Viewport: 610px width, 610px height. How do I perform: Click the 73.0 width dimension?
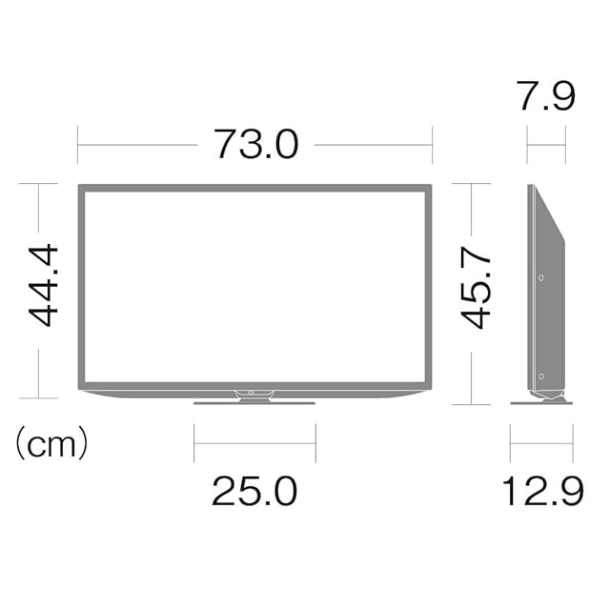pyautogui.click(x=256, y=144)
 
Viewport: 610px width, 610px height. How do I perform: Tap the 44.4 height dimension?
pyautogui.click(x=43, y=285)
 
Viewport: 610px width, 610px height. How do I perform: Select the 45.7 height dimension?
pyautogui.click(x=476, y=287)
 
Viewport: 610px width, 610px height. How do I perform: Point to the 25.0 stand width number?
pyautogui.click(x=254, y=491)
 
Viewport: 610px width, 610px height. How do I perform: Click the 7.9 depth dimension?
pyautogui.click(x=545, y=95)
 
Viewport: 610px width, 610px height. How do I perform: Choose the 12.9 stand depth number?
pyautogui.click(x=543, y=491)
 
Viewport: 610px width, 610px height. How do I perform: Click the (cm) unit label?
pyautogui.click(x=52, y=443)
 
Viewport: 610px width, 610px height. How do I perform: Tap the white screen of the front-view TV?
pyautogui.click(x=254, y=287)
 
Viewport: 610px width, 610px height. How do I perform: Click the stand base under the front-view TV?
pyautogui.click(x=254, y=403)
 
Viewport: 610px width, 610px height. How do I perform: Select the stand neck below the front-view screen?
pyautogui.click(x=254, y=396)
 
